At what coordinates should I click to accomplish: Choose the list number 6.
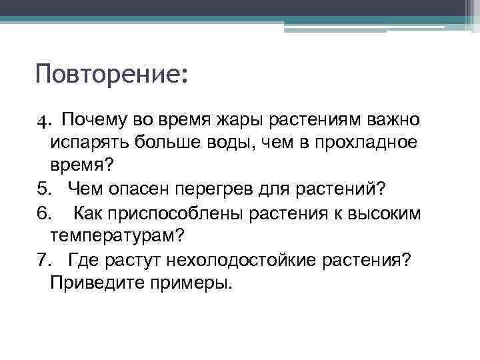coord(42,213)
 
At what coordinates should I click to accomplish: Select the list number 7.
coord(42,260)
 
